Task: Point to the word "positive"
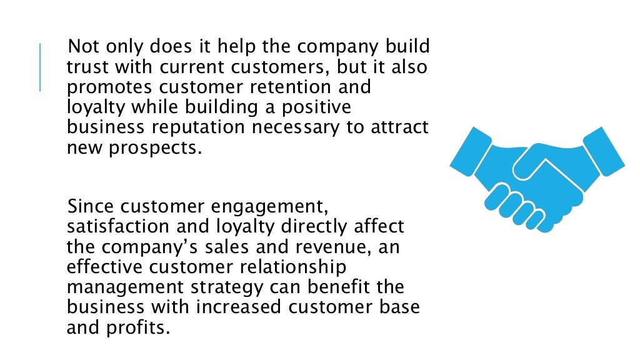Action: point(316,107)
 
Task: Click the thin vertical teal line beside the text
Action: point(40,67)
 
